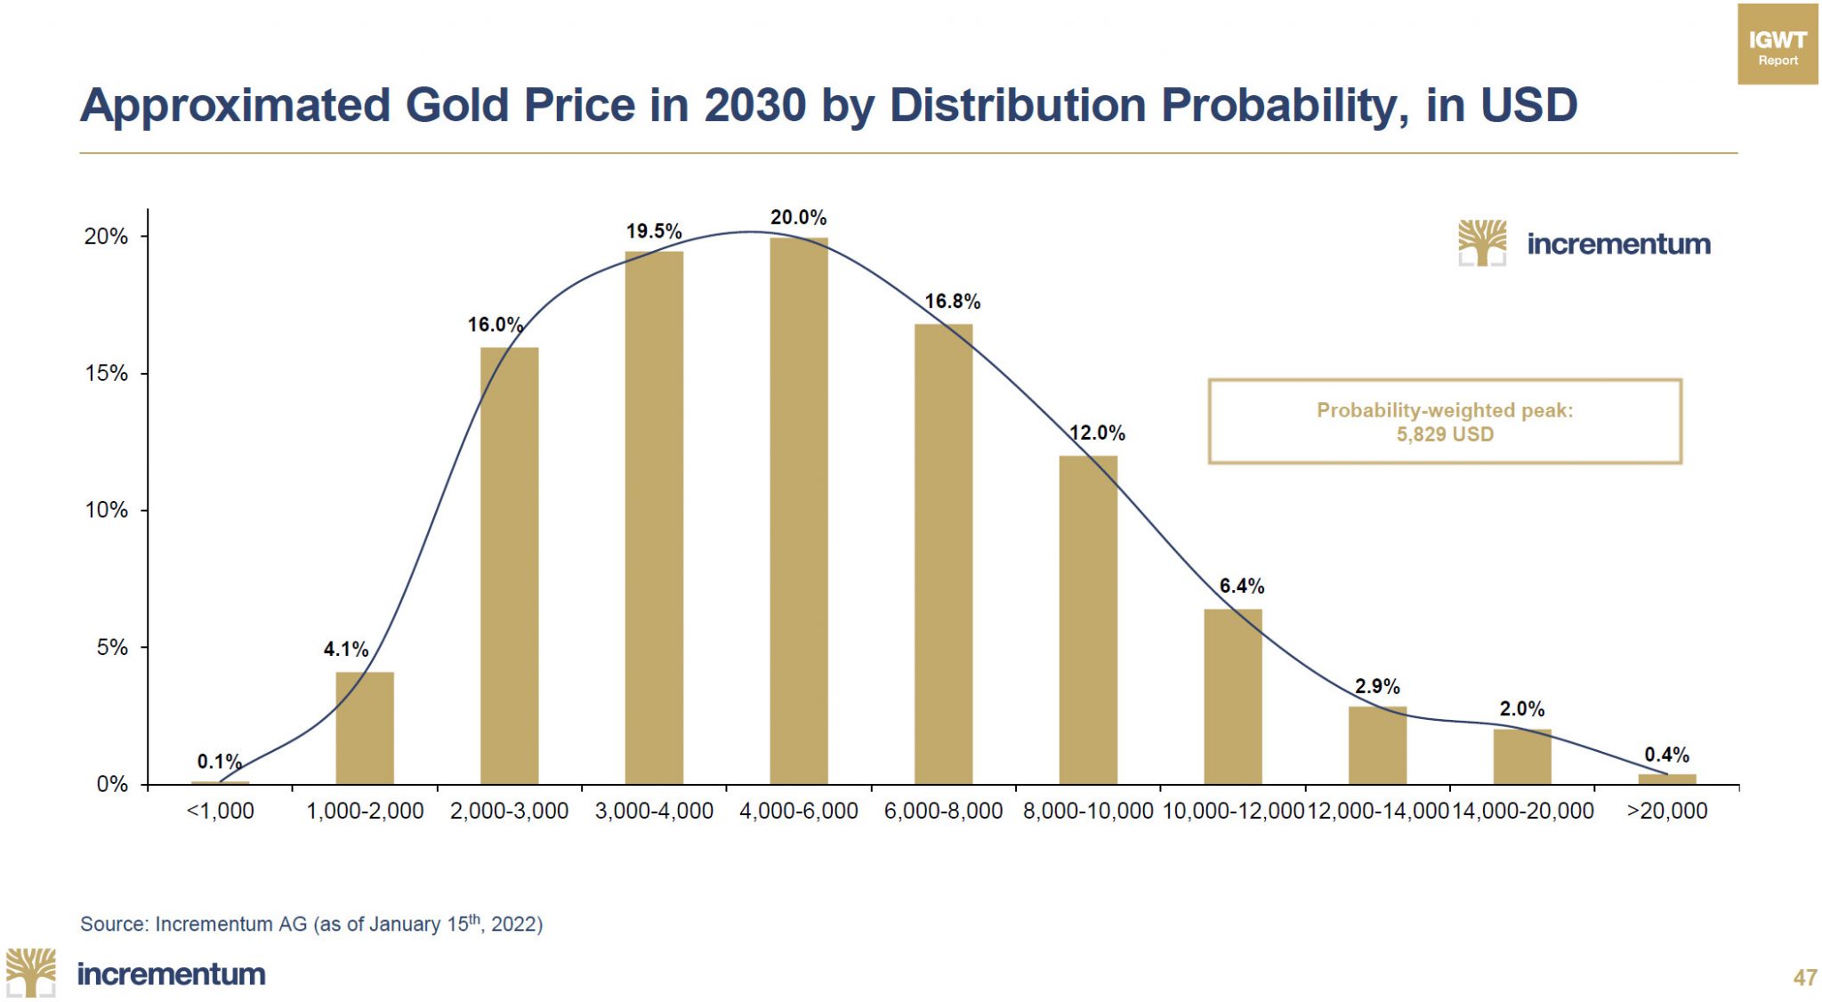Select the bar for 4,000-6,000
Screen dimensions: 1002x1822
click(798, 512)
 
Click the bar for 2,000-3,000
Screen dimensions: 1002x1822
click(509, 566)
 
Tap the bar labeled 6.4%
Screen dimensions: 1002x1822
click(1232, 697)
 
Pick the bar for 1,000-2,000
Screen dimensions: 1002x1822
click(364, 728)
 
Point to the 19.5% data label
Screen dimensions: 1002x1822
click(653, 231)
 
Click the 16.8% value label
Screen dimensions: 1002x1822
click(952, 302)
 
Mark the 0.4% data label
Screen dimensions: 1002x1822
click(1666, 755)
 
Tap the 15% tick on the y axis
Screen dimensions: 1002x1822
click(106, 374)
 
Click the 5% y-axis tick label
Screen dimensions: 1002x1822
click(112, 648)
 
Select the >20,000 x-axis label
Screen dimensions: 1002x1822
click(1666, 811)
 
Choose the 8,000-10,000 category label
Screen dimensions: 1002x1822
click(1088, 811)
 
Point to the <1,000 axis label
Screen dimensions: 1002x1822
click(220, 811)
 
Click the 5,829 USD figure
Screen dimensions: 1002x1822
click(1444, 434)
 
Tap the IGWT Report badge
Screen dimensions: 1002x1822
click(1777, 44)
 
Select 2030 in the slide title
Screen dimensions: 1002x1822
click(754, 105)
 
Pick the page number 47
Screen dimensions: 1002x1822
click(1804, 977)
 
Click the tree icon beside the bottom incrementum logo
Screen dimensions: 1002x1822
click(31, 972)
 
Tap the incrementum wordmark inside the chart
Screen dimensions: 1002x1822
click(1617, 244)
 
